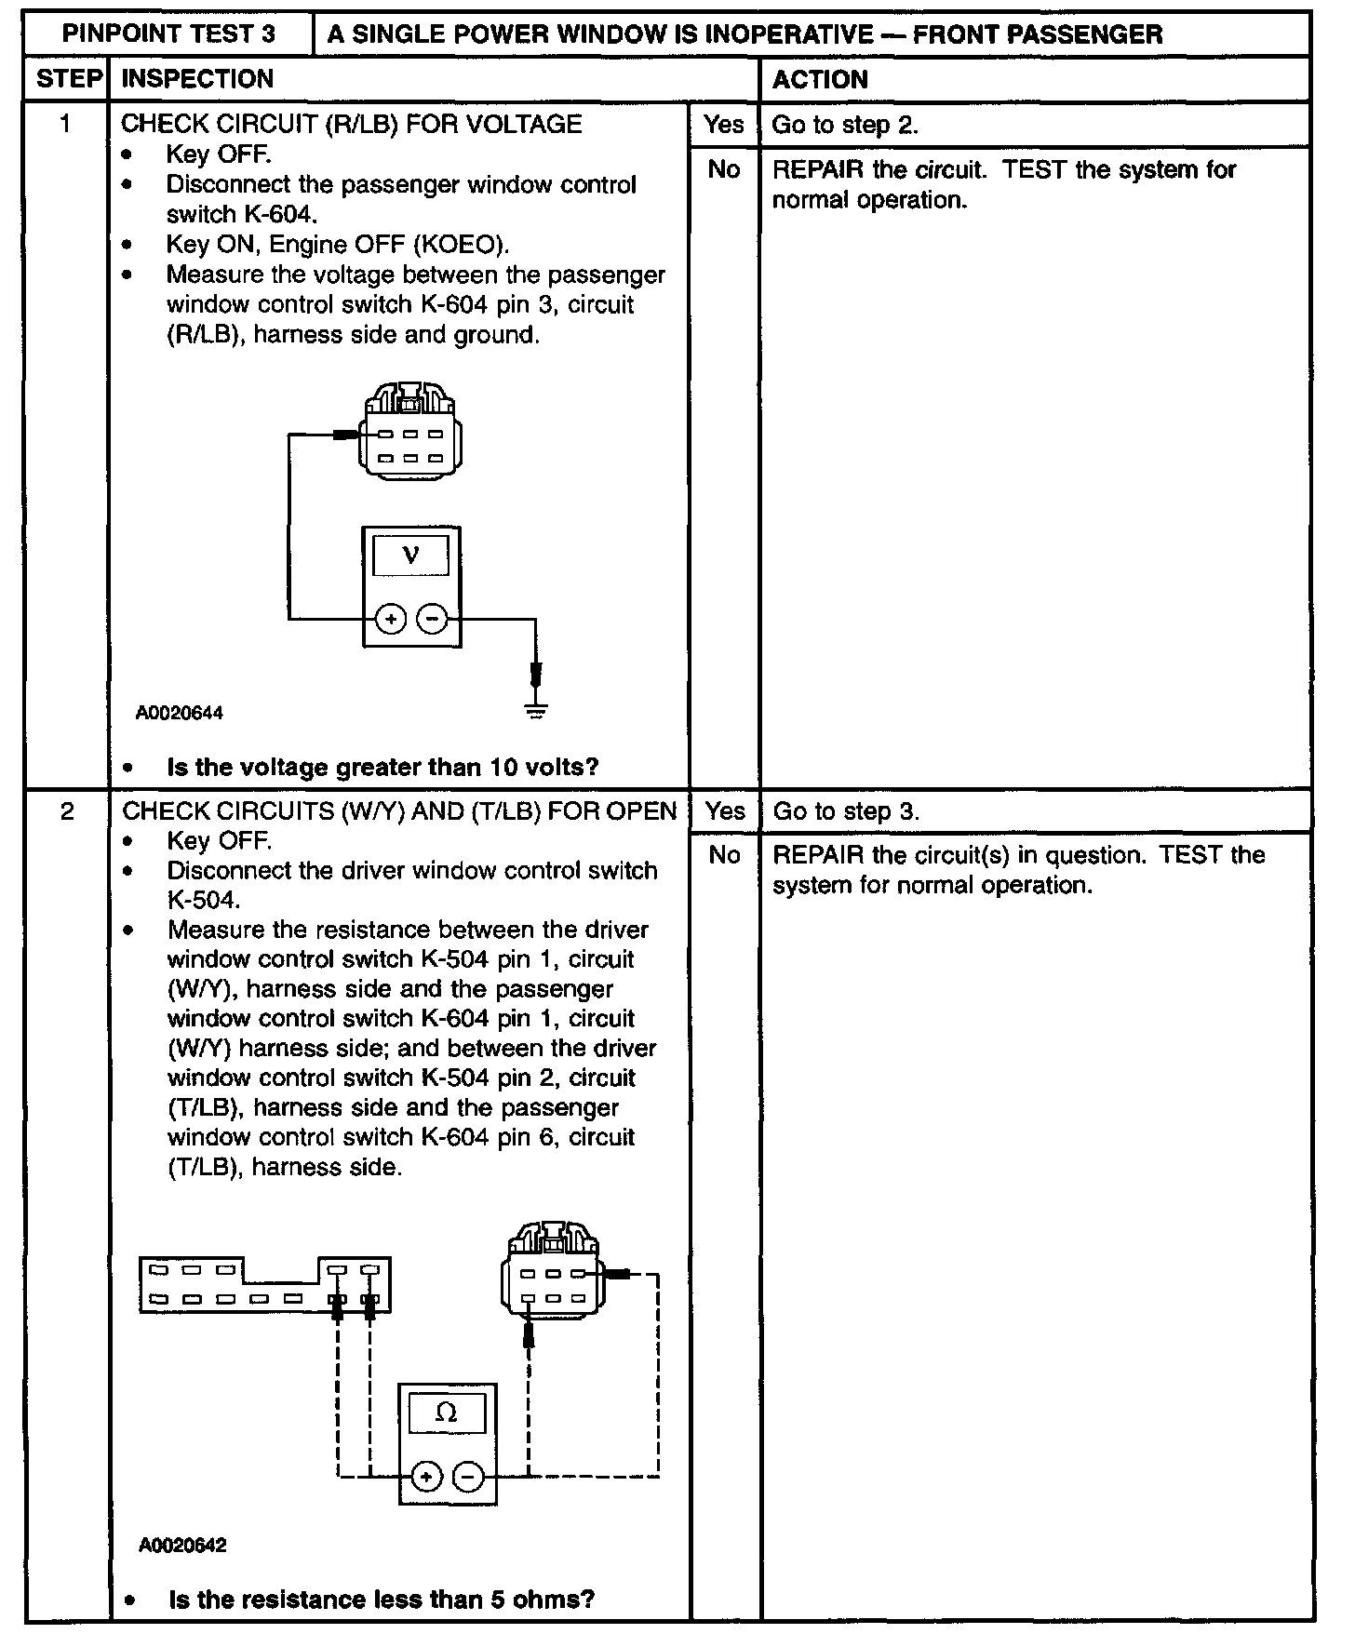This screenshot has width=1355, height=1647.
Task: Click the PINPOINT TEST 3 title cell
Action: pyautogui.click(x=168, y=34)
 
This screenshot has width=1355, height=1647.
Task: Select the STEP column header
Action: pyautogui.click(x=67, y=79)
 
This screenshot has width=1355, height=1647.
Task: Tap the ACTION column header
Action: pyautogui.click(x=820, y=80)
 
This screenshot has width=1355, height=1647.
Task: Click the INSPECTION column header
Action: pyautogui.click(x=197, y=79)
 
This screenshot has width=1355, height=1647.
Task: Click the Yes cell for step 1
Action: pyautogui.click(x=724, y=125)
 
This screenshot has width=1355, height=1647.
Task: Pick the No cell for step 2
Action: pyautogui.click(x=724, y=855)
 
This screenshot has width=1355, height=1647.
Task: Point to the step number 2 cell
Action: pyautogui.click(x=67, y=811)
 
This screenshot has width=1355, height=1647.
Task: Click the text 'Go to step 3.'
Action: pyautogui.click(x=846, y=811)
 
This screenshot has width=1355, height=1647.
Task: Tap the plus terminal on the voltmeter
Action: pyautogui.click(x=391, y=618)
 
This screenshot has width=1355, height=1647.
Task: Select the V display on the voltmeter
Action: pyautogui.click(x=410, y=556)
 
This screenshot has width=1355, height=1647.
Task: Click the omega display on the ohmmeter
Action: pyautogui.click(x=447, y=1414)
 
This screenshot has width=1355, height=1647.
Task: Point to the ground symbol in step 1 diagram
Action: pyautogui.click(x=536, y=712)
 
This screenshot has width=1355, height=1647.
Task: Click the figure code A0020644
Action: pyautogui.click(x=180, y=714)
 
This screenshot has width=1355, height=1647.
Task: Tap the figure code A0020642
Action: pyautogui.click(x=182, y=1546)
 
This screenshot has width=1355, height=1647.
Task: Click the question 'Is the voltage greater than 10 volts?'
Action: pyautogui.click(x=382, y=768)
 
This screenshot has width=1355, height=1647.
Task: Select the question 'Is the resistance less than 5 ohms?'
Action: pyautogui.click(x=382, y=1600)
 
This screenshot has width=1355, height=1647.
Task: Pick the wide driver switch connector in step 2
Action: pyautogui.click(x=265, y=1285)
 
